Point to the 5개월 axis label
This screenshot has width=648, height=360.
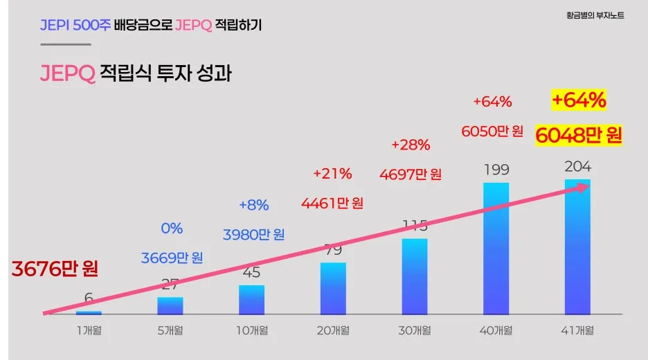[170, 331]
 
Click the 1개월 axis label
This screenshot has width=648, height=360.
[89, 331]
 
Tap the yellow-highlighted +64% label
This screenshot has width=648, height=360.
[579, 101]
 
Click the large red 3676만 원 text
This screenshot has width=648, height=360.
[55, 269]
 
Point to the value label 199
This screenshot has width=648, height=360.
[496, 170]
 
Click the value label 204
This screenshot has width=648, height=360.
[578, 167]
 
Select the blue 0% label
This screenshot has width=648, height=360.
[172, 228]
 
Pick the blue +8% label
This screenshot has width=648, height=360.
[253, 205]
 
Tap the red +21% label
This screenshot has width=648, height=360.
[332, 173]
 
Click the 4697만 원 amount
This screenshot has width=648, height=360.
[411, 174]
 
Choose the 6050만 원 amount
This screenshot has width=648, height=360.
[492, 132]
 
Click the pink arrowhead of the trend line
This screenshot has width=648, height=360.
[585, 186]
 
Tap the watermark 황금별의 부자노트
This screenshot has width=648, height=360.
[595, 15]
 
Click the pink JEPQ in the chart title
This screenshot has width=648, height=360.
[67, 73]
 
